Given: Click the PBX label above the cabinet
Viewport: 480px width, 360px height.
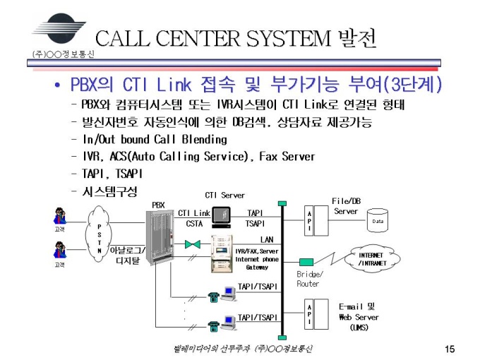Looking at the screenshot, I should pyautogui.click(x=158, y=205).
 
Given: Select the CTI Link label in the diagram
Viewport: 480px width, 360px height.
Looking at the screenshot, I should pyautogui.click(x=194, y=212).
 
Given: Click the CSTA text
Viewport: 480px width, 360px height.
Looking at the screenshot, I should pyautogui.click(x=194, y=223).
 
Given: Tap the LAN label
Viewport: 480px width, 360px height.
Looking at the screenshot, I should pyautogui.click(x=266, y=239).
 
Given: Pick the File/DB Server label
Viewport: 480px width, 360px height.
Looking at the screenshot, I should pyautogui.click(x=345, y=206).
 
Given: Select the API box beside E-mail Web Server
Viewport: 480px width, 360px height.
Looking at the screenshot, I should pyautogui.click(x=309, y=314).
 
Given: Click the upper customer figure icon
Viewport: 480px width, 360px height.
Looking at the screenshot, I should pyautogui.click(x=59, y=215).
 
